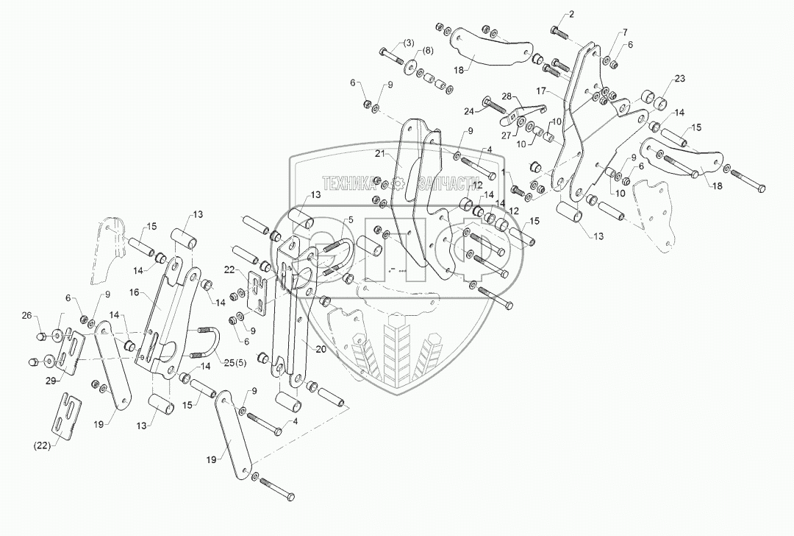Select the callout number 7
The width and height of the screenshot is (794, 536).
click(625, 32)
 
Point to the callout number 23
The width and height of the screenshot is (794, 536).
click(679, 79)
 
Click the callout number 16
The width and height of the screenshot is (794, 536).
click(154, 292)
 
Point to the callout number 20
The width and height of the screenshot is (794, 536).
click(320, 350)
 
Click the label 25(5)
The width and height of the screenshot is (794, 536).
click(216, 362)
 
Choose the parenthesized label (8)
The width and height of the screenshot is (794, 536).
click(427, 51)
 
